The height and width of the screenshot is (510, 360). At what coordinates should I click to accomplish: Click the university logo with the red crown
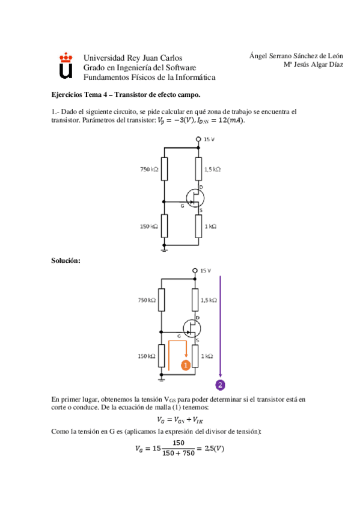(66, 66)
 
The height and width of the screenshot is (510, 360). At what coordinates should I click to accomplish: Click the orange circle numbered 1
(186, 365)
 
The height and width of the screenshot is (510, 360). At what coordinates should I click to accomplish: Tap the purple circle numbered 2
(221, 385)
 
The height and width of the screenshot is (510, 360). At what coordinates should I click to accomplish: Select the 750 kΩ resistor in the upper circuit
(165, 169)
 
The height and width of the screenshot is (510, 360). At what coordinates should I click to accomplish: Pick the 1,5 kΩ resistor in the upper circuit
(198, 169)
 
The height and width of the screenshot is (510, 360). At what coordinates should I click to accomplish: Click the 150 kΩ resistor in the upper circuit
(165, 226)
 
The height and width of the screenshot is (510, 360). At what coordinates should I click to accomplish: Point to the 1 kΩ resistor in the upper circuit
(198, 226)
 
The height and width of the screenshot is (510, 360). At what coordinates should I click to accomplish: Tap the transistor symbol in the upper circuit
(195, 198)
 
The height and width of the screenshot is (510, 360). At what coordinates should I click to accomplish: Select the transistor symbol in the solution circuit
(192, 328)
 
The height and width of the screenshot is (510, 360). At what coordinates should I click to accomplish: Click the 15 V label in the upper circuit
(209, 139)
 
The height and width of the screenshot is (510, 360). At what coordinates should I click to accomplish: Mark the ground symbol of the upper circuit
(165, 249)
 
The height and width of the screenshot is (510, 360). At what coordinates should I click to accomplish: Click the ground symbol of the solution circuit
(161, 379)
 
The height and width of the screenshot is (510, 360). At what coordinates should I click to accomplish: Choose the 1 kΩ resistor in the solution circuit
(195, 356)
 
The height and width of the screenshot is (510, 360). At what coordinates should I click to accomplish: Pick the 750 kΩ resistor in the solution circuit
(161, 300)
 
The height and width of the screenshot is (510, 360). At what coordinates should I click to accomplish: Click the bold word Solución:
(66, 260)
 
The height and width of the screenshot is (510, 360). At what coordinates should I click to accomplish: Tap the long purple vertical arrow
(221, 327)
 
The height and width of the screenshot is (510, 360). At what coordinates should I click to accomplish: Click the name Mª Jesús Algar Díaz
(313, 64)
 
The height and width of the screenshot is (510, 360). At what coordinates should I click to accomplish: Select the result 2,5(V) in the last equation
(214, 448)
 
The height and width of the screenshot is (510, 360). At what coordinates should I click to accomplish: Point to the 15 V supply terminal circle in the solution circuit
(195, 270)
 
